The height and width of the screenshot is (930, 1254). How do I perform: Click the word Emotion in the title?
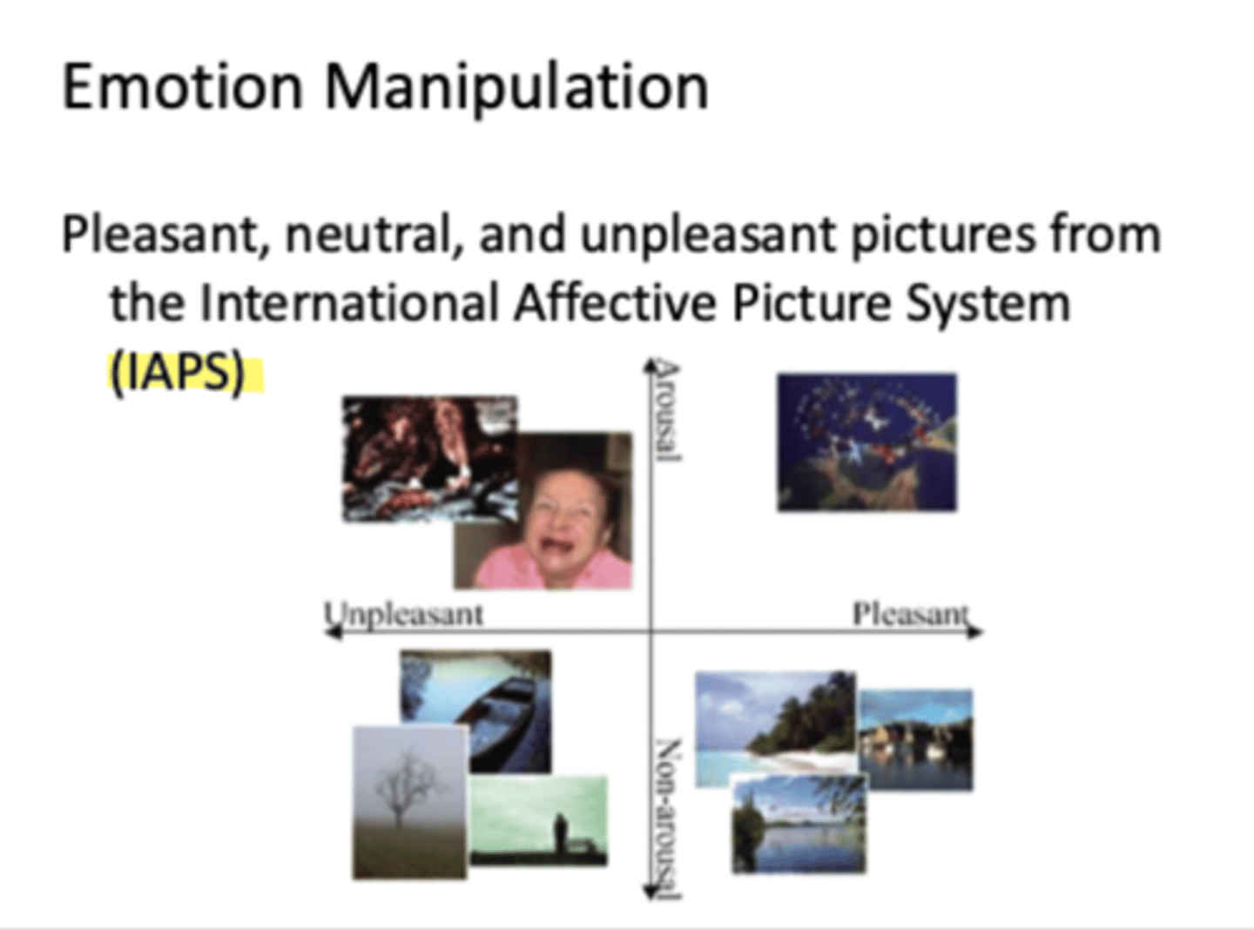(x=182, y=87)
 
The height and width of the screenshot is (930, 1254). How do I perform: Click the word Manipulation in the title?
(x=517, y=89)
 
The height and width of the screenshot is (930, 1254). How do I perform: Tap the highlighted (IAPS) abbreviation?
(x=177, y=374)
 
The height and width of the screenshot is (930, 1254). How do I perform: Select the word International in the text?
(x=349, y=304)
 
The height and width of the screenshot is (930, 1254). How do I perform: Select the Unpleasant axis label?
(x=404, y=613)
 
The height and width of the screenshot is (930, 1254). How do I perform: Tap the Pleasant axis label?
(x=909, y=613)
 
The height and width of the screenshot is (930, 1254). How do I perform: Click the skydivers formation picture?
(x=866, y=441)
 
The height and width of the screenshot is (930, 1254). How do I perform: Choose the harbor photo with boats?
(x=916, y=740)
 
